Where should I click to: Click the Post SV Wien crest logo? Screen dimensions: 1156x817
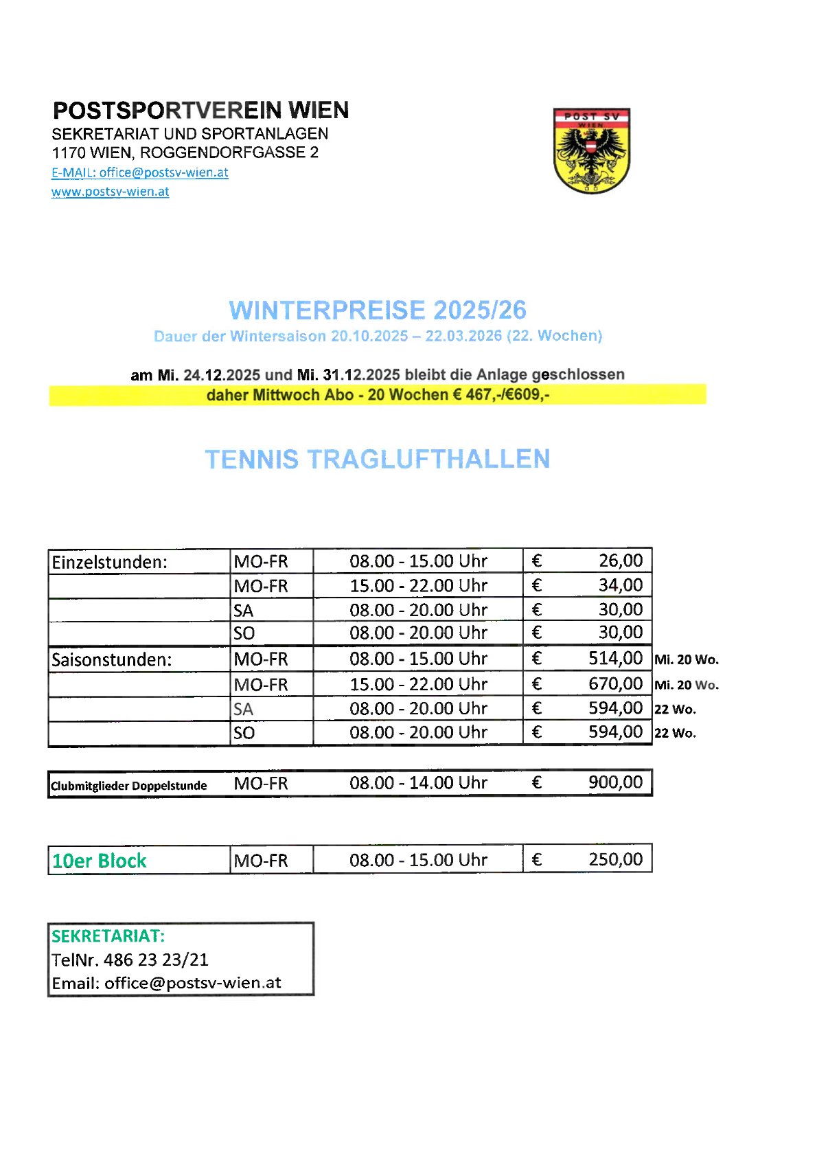[592, 150]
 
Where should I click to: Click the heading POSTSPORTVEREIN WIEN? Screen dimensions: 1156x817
[200, 111]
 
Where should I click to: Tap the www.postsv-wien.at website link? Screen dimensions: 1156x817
[110, 192]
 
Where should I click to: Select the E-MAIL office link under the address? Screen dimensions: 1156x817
[140, 172]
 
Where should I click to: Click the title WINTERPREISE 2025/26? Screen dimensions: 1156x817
[378, 310]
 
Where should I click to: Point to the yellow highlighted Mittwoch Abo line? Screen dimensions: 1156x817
[378, 395]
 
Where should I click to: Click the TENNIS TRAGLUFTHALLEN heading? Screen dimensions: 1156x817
[378, 460]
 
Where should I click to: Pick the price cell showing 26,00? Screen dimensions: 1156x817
[620, 561]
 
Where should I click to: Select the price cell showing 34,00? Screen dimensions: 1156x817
[620, 585]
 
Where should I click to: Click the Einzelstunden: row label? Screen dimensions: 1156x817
[110, 563]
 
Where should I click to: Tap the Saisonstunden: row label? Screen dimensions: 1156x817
[112, 660]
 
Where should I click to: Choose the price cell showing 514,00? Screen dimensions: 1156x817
[615, 659]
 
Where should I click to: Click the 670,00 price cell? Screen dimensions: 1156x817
[615, 684]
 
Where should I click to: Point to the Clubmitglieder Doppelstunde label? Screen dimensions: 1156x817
[129, 786]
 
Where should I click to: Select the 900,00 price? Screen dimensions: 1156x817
[615, 783]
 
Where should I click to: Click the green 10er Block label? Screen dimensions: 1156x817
[100, 861]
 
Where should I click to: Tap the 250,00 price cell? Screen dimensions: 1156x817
[615, 860]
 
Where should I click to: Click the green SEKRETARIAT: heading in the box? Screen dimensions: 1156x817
[108, 936]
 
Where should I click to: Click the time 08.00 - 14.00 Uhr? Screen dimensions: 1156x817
[418, 783]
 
